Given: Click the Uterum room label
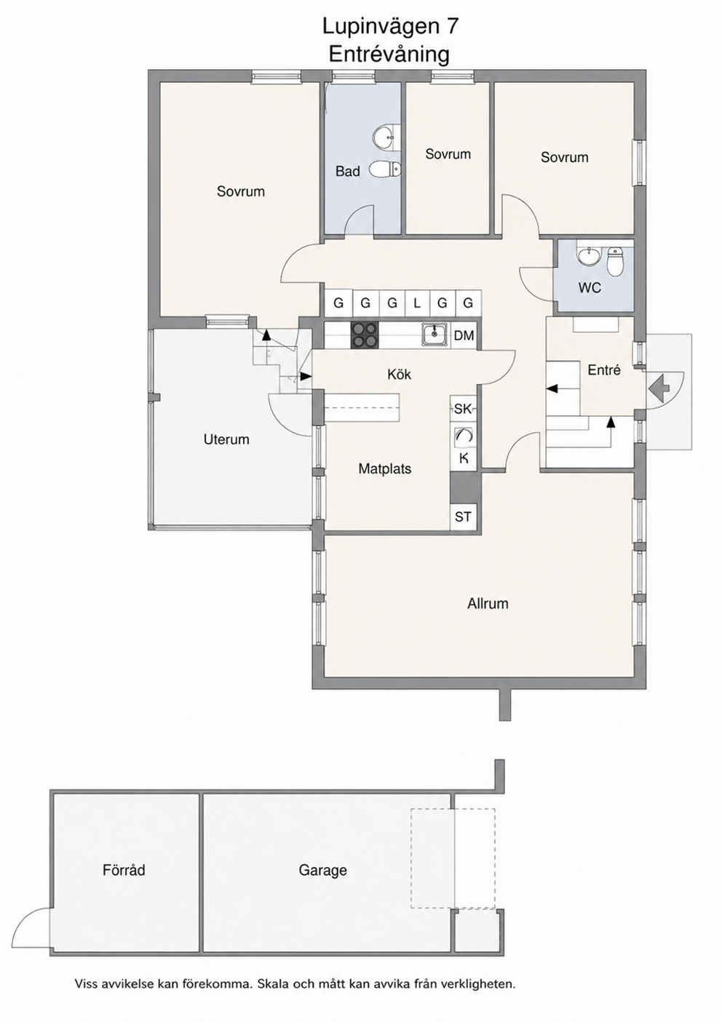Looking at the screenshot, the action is pos(226,440).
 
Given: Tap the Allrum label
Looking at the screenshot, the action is pos(488,604).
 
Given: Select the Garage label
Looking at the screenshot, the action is pos(322,871).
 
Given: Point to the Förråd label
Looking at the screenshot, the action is pos(124,870).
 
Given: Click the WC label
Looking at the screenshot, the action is pos(590,288).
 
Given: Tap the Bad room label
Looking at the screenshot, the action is pos(348,172).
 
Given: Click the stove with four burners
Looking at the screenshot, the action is pos(364,336).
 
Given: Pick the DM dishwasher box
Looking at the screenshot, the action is pos(464,336).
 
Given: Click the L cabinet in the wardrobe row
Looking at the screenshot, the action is pos(416,303).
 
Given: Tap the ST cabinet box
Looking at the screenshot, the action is pos(463,517).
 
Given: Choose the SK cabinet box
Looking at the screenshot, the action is pos(463,409).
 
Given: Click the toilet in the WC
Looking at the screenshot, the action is pos(616,262).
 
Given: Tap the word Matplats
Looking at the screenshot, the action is pos(385,469).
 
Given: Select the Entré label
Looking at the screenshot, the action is pos(604,370).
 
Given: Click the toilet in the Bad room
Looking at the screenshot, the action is pos(386,169).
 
